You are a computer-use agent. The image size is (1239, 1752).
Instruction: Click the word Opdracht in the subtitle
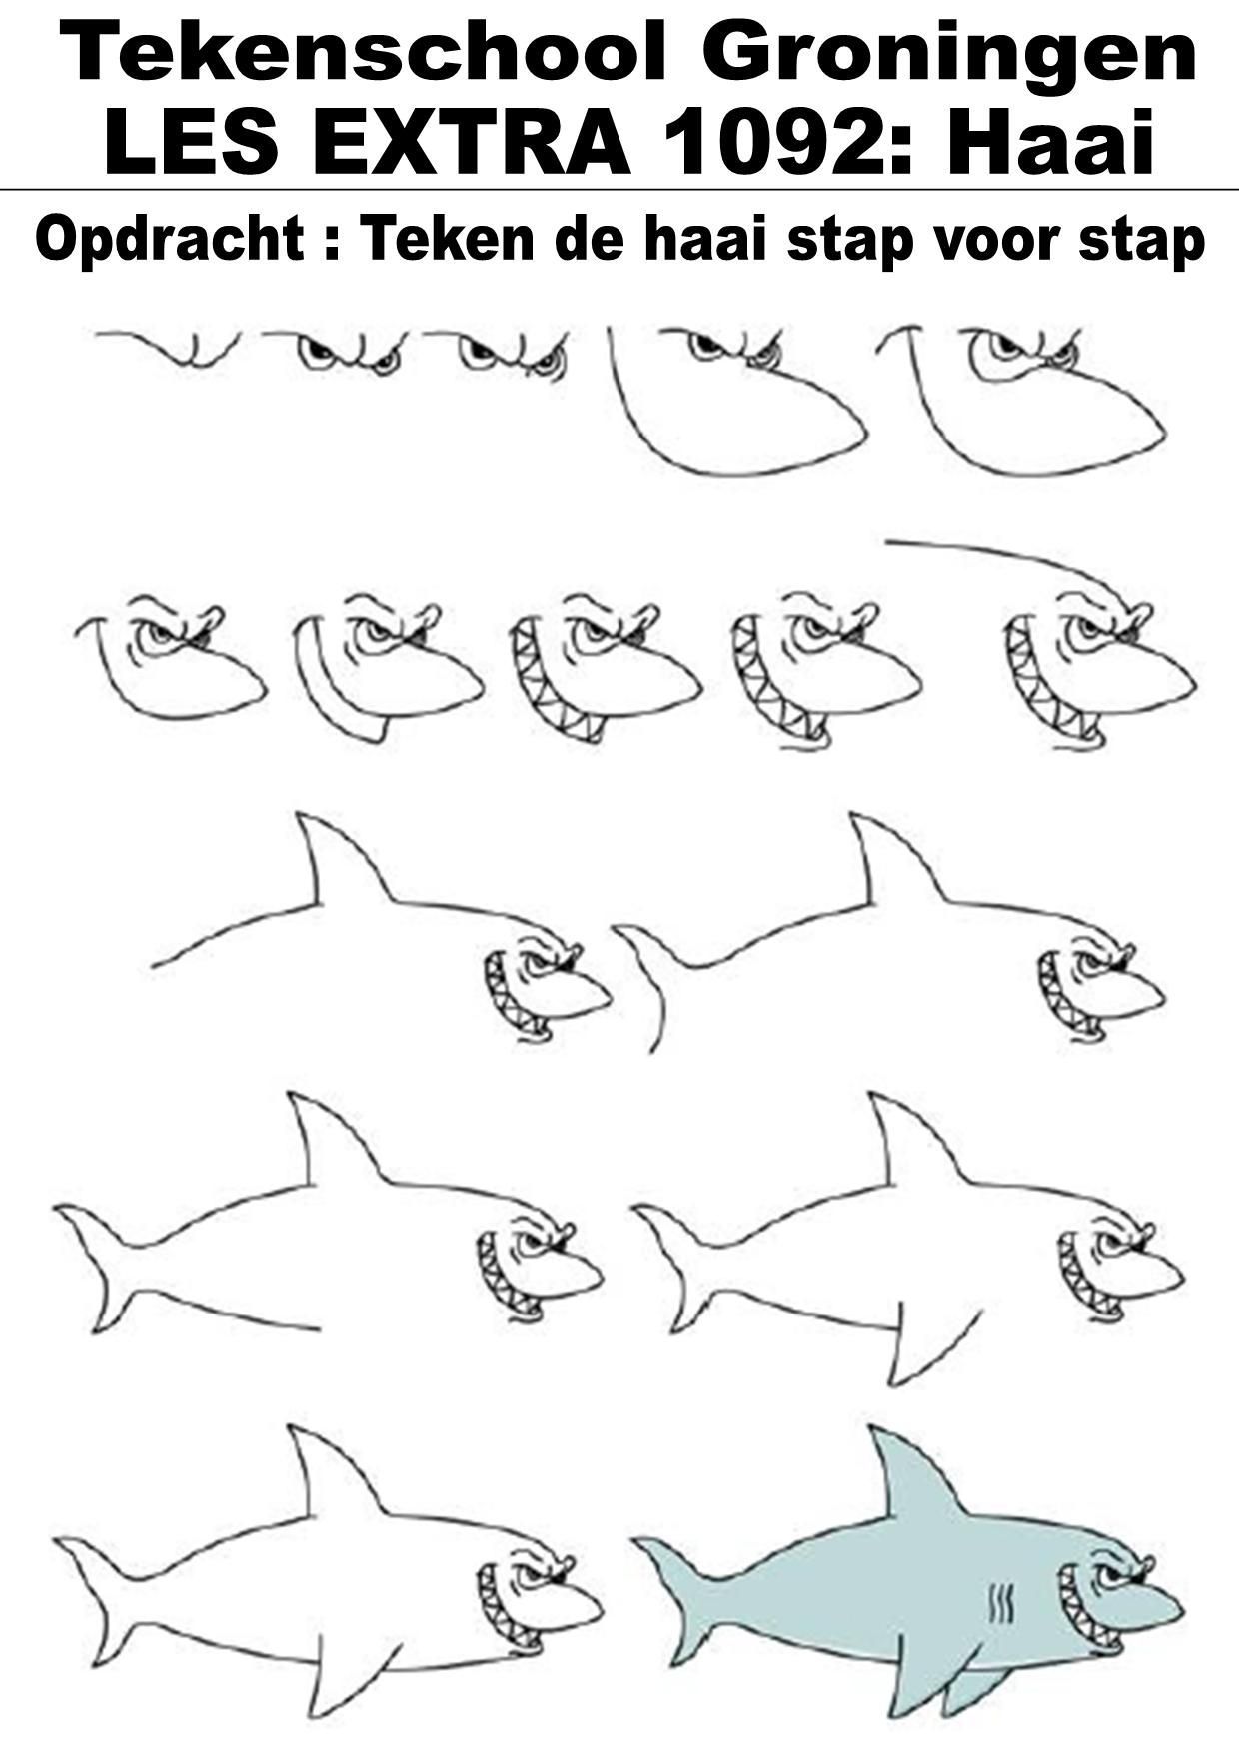(x=169, y=240)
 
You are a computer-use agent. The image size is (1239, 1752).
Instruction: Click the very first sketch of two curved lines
(x=167, y=349)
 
